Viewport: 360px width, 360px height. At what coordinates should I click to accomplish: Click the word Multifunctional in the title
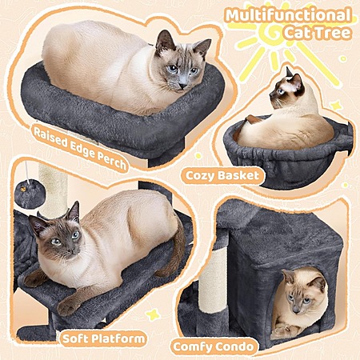288,15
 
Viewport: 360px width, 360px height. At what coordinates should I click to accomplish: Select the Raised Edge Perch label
80,148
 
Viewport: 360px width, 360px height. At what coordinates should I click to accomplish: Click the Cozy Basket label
222,175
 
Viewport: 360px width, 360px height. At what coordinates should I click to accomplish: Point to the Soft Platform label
103,338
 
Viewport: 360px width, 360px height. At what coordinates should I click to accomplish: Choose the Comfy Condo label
214,347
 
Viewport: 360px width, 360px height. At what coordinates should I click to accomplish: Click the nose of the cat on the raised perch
183,86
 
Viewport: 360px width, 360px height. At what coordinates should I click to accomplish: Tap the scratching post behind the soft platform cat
53,190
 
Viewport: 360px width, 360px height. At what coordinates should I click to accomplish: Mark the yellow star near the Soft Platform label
153,314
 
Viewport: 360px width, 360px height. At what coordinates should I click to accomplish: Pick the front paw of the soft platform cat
66,306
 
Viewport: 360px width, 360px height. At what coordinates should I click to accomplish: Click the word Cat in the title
297,33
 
